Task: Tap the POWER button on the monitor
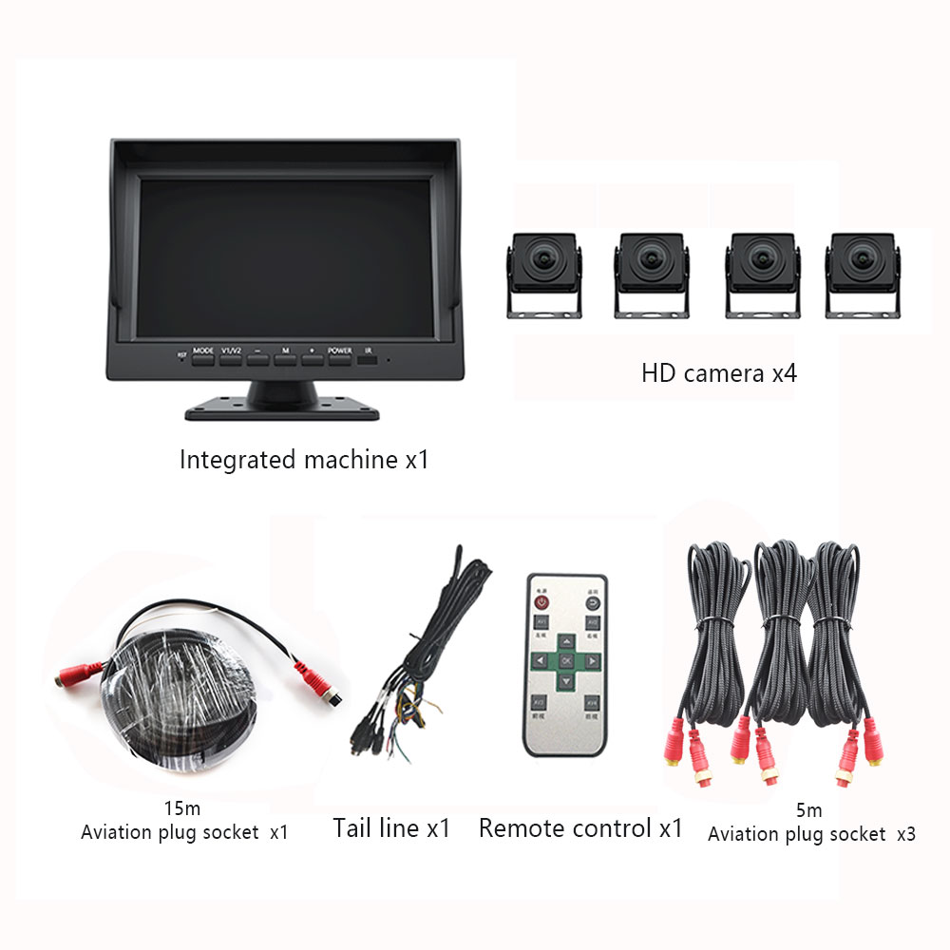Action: click(x=340, y=359)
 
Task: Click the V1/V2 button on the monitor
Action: click(x=231, y=359)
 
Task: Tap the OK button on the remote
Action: click(x=566, y=659)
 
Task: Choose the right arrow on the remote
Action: click(x=592, y=659)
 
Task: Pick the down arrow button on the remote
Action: click(x=566, y=680)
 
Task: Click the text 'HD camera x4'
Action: click(x=719, y=372)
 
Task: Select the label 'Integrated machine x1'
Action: click(x=304, y=461)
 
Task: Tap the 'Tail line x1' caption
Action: click(x=391, y=827)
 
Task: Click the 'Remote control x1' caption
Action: click(x=580, y=827)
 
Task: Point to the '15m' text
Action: click(x=181, y=808)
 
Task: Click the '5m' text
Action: click(x=809, y=810)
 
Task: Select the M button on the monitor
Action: click(x=285, y=359)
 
